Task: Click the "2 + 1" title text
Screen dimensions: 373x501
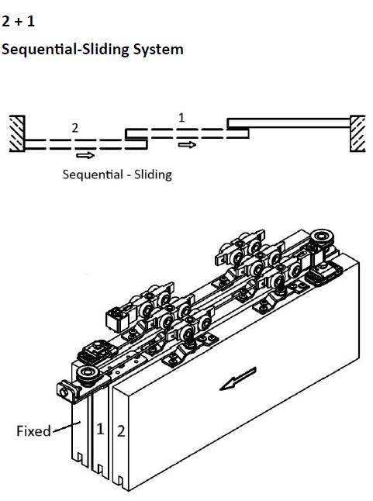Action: [x=18, y=22]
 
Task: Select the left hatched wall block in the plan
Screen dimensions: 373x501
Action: [x=17, y=133]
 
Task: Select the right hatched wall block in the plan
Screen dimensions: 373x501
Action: [x=357, y=133]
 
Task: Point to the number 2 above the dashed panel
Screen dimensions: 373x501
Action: [x=74, y=128]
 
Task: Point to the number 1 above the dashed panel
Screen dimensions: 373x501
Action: [x=181, y=118]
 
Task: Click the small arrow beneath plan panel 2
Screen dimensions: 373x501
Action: [x=85, y=155]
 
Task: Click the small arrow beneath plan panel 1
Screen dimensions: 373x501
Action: [x=187, y=145]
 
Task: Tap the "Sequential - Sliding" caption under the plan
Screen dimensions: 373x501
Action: [x=117, y=174]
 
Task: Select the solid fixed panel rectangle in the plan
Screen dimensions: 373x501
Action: [x=288, y=123]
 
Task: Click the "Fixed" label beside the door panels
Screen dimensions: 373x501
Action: [x=33, y=431]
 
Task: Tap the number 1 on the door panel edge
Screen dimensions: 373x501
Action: [x=100, y=429]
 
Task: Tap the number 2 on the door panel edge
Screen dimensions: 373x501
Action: [x=121, y=431]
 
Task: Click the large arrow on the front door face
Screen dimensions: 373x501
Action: [x=238, y=378]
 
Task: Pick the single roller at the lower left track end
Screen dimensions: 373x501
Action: [x=86, y=374]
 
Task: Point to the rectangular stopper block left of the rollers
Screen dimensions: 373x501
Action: [x=117, y=318]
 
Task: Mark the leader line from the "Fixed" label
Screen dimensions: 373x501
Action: [x=67, y=427]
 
